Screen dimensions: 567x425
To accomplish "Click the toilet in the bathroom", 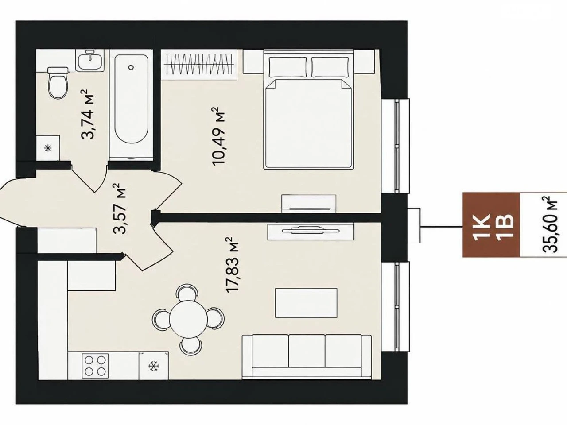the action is pos(58,83).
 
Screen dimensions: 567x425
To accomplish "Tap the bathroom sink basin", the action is pos(90,62).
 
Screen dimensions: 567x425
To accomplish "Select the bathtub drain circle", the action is pos(131,67).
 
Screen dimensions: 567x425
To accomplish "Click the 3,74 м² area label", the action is pos(88,114).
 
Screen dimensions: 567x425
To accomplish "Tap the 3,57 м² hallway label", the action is pos(120,209).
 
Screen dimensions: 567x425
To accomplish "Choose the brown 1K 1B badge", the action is pos(491,224).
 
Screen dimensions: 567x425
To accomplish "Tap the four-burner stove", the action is pos(95,366).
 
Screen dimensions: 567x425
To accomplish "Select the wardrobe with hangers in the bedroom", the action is pos(199,65).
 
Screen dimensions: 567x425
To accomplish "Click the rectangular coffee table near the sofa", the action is pos(306,303).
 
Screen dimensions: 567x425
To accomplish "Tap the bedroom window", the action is pos(396,146).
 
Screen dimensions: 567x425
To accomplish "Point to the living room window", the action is pos(396,306).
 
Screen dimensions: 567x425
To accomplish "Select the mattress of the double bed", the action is pos(308,124).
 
